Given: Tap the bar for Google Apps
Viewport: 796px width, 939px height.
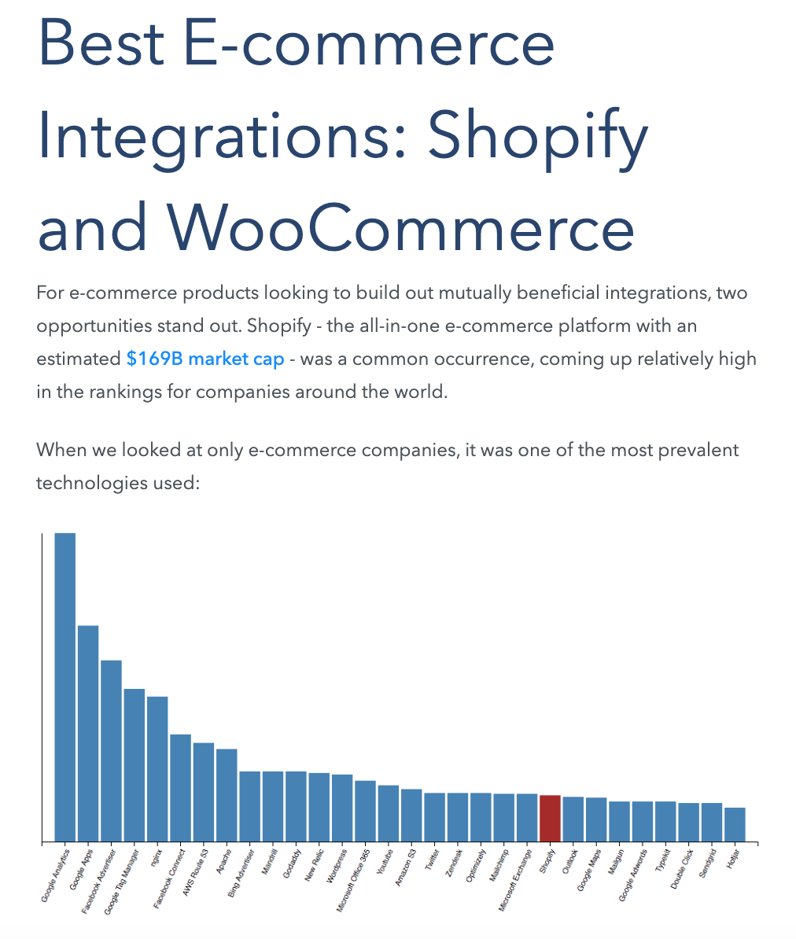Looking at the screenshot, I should pos(88,733).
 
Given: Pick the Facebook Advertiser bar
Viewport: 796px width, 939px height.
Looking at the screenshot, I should pos(111,750).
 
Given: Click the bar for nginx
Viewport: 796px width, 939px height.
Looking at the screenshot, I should pos(157,768).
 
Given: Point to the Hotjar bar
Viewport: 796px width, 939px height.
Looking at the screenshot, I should pos(735,824).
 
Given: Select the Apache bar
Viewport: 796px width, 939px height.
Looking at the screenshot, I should pos(227,794).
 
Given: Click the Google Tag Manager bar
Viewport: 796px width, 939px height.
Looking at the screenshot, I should pos(135,764).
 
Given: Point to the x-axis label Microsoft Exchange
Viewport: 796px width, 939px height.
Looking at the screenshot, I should pos(515,880).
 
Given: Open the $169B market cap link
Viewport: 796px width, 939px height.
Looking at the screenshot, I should pos(205,359).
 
